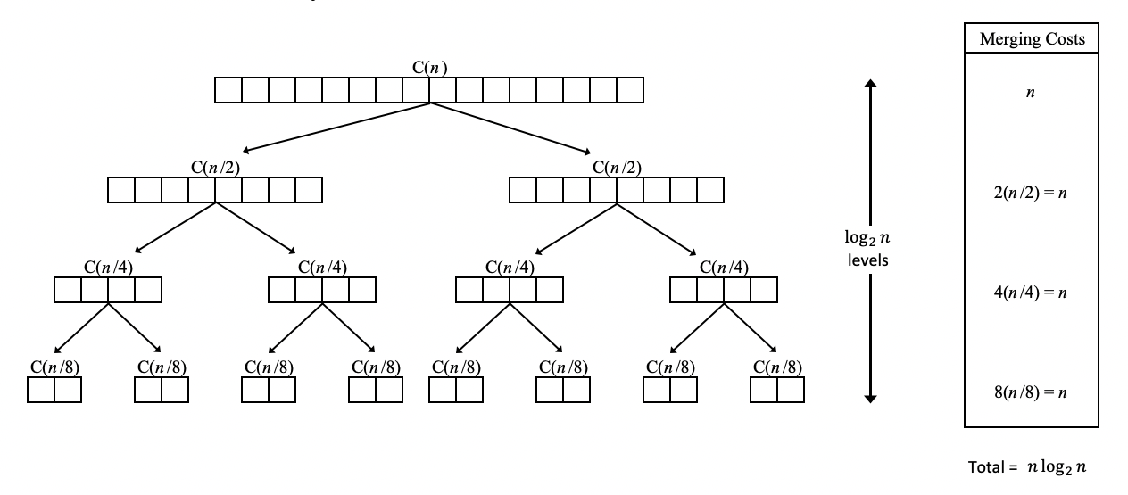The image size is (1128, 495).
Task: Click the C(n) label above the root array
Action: click(x=428, y=68)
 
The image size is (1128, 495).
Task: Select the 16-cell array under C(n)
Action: click(x=428, y=90)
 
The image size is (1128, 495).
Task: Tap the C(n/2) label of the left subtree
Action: click(x=214, y=168)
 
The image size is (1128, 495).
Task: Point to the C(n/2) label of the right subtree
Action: click(x=616, y=168)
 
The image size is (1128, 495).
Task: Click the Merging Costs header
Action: click(x=1031, y=40)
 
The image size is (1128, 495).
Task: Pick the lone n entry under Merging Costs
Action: click(x=1031, y=92)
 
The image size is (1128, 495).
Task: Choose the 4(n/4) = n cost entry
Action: click(x=1031, y=292)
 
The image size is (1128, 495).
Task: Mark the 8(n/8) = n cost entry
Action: click(x=1031, y=392)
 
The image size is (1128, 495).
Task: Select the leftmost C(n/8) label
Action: click(x=54, y=367)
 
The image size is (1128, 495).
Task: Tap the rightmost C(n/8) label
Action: click(x=776, y=367)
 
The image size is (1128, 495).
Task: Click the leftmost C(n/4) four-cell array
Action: click(x=108, y=291)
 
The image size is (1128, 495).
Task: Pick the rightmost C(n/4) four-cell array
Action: click(x=724, y=291)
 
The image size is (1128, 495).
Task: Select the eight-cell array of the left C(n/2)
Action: click(x=214, y=191)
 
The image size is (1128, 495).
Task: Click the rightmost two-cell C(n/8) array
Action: click(x=777, y=391)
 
